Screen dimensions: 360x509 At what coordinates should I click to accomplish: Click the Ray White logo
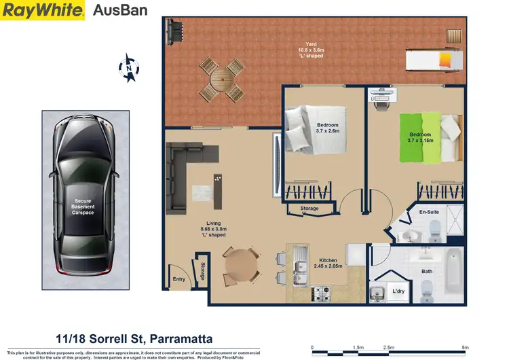pyautogui.click(x=43, y=10)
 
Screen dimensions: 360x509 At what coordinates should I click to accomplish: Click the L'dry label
pyautogui.click(x=399, y=292)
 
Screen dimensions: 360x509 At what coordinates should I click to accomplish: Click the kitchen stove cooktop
pyautogui.click(x=322, y=295)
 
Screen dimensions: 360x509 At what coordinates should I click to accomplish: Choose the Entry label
pyautogui.click(x=179, y=278)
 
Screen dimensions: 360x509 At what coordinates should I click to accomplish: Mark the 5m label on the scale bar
pyautogui.click(x=465, y=347)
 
